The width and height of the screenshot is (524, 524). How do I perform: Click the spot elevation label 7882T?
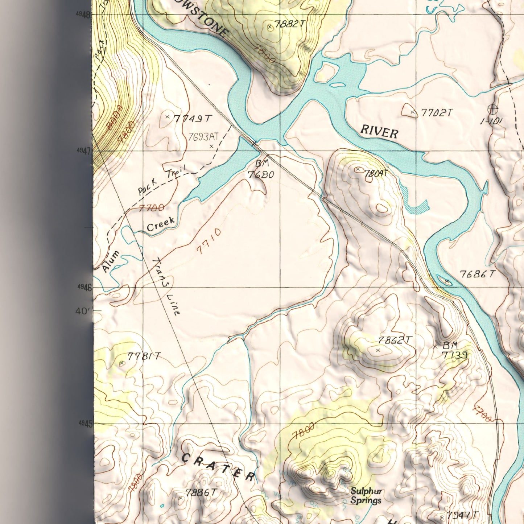click(x=289, y=24)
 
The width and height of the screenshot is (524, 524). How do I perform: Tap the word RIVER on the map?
click(x=379, y=131)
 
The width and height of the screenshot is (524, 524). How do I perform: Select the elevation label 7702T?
click(x=436, y=113)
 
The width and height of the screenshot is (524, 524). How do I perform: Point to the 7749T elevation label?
click(x=192, y=119)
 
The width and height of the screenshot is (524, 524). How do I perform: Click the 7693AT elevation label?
click(x=203, y=137)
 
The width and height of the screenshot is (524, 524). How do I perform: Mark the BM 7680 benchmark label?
click(x=261, y=170)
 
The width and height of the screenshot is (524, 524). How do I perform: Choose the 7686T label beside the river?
click(x=477, y=274)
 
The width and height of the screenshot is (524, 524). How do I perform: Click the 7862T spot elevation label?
click(x=395, y=340)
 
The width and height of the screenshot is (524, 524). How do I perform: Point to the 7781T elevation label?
click(x=144, y=356)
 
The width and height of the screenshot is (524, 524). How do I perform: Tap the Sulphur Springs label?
click(x=366, y=496)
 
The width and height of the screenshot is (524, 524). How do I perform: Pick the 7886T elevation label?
click(x=201, y=492)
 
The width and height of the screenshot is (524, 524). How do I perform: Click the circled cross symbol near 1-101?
click(x=492, y=109)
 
